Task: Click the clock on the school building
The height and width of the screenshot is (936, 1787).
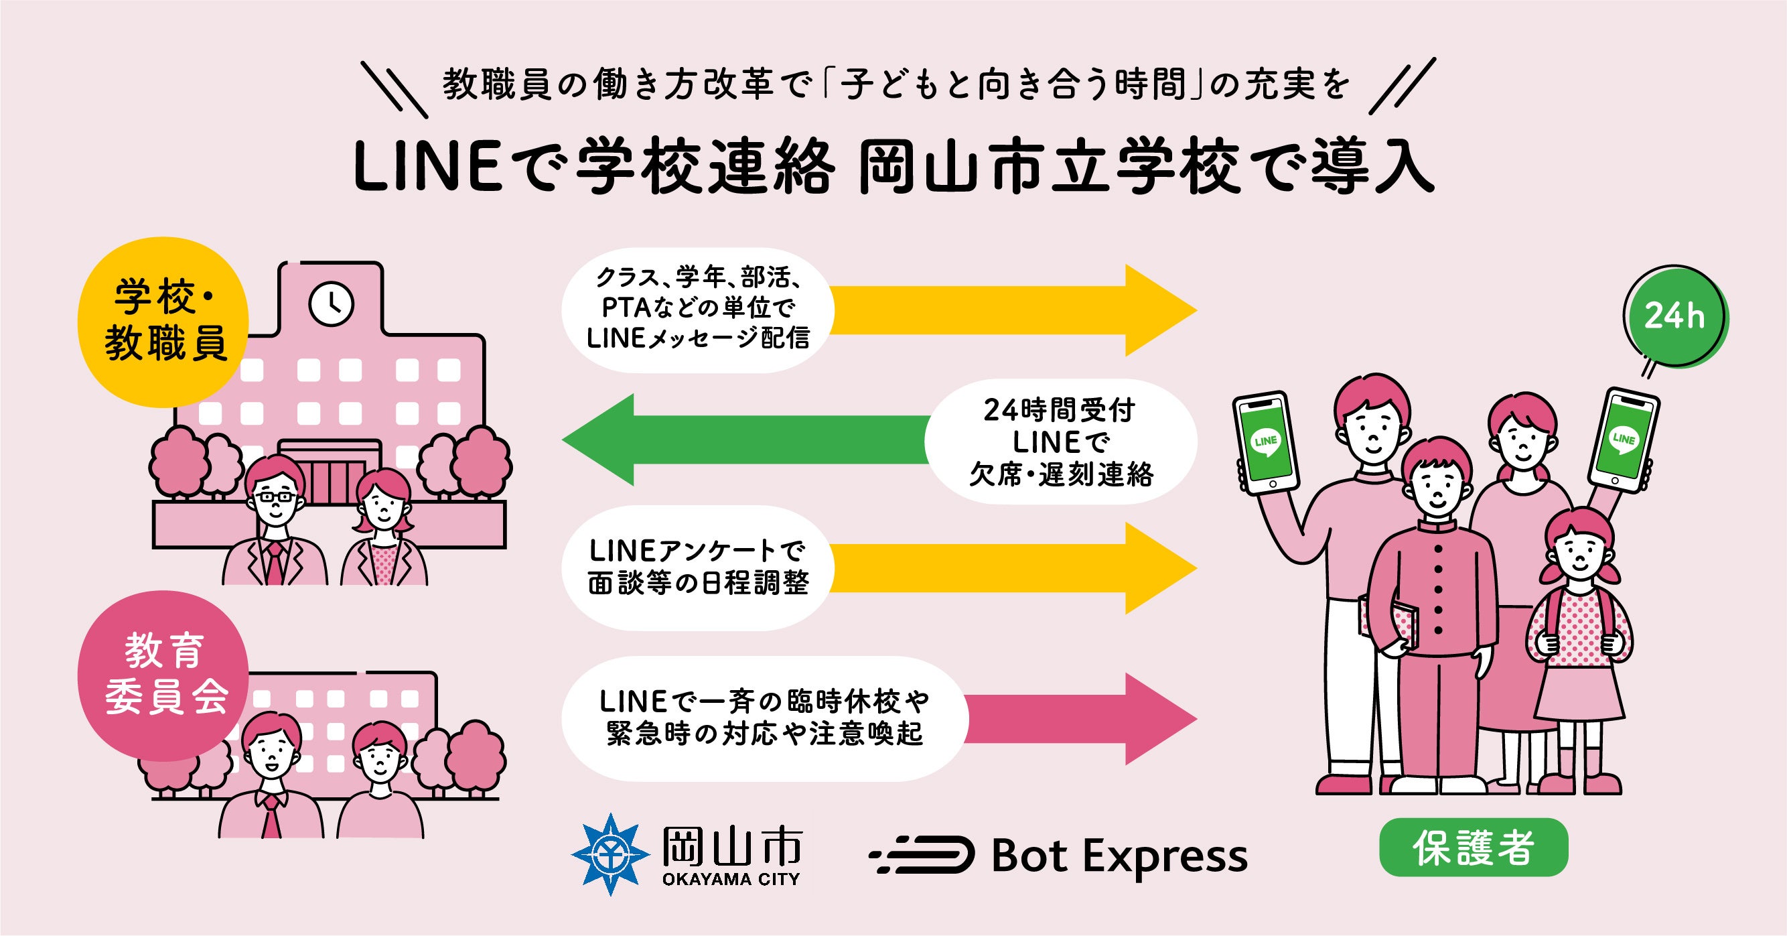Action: [x=331, y=304]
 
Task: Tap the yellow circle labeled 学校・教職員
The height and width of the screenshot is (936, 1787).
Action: [x=162, y=321]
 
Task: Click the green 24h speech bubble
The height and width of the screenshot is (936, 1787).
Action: [x=1674, y=316]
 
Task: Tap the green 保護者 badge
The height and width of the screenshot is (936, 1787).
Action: [x=1473, y=848]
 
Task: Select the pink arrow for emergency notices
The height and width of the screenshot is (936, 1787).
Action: [x=1082, y=719]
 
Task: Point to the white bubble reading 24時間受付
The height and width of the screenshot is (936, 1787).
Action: [x=1061, y=442]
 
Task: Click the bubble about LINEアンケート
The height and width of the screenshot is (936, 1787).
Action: [x=697, y=567]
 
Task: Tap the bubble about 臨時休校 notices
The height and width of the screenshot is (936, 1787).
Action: [x=763, y=718]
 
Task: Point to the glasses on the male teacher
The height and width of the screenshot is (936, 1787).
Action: [x=275, y=496]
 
